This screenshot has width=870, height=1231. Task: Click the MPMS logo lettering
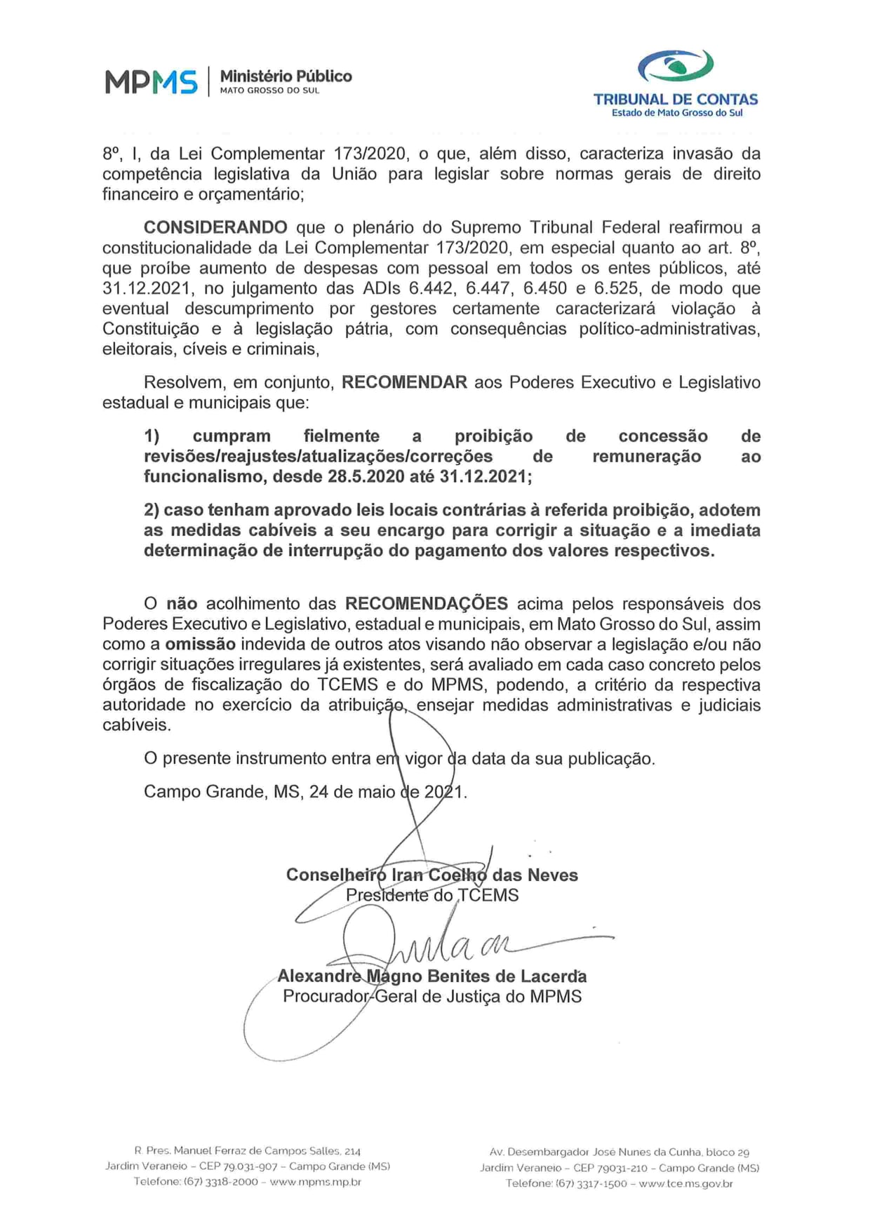tap(151, 82)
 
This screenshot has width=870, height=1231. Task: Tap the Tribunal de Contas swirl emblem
tap(675, 66)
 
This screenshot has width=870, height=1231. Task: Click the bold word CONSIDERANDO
tap(215, 227)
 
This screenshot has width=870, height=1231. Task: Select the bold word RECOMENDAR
tap(404, 382)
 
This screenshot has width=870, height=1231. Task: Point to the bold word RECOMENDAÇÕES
tap(426, 603)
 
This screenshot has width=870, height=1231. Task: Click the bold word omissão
tap(200, 644)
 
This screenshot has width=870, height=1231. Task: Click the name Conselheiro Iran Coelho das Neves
tap(431, 875)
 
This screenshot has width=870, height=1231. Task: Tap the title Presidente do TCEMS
tap(431, 895)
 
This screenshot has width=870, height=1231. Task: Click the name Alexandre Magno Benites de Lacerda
tap(431, 976)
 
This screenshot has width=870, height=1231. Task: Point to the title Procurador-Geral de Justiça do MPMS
tap(431, 996)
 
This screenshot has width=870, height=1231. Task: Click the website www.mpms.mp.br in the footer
tap(315, 1181)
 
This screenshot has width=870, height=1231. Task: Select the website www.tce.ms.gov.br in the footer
tap(685, 1183)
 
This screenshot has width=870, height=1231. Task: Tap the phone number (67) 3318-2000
tap(220, 1181)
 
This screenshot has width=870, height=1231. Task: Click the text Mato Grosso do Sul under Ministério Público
tap(269, 90)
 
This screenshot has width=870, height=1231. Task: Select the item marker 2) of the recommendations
tap(152, 510)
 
